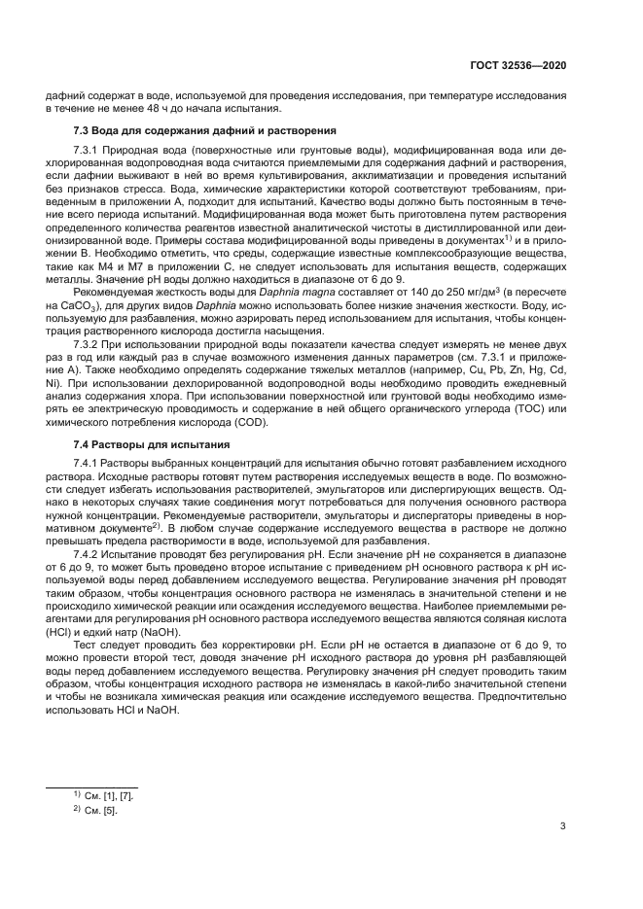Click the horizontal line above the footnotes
click(x=92, y=787)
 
